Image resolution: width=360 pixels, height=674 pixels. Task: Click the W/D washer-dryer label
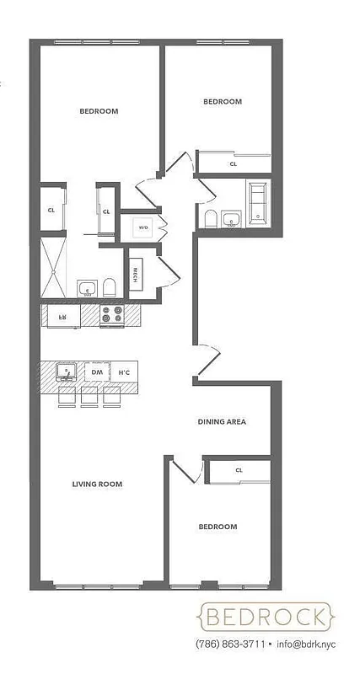pos(143,227)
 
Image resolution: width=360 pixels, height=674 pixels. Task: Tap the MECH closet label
pos(135,275)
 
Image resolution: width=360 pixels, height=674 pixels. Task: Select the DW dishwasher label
pos(97,372)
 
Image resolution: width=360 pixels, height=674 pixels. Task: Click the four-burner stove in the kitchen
pos(111,315)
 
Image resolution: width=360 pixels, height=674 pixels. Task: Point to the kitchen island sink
pos(66,371)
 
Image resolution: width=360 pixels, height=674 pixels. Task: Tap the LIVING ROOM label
pos(97,484)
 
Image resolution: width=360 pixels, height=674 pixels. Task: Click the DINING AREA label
pos(222,421)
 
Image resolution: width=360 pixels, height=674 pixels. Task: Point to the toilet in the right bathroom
pos(211,219)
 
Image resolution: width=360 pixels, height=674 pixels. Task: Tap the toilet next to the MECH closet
pos(109,289)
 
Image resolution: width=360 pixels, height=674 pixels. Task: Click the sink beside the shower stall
pos(87,289)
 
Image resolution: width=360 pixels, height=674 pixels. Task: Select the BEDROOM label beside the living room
pos(218,527)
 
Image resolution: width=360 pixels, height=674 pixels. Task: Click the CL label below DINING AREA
pos(239,470)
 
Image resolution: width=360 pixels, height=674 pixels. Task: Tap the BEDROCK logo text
pos(264,618)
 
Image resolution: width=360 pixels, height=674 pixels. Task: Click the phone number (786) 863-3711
pos(230,645)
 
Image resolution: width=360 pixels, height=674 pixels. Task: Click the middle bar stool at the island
pos(89,396)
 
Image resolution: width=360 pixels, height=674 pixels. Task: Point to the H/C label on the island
pos(124,372)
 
